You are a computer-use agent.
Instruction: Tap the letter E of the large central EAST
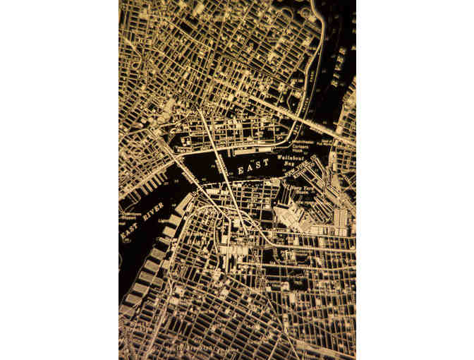click(x=241, y=172)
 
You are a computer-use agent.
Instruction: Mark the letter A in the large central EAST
click(x=250, y=169)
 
